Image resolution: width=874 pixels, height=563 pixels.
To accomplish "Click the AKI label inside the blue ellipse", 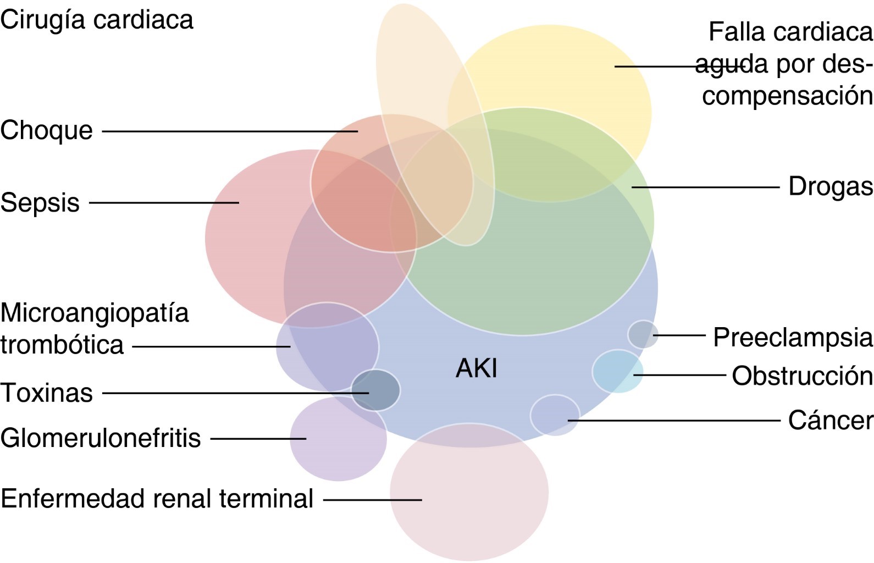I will click(x=477, y=368).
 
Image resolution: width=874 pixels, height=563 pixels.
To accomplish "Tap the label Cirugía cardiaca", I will click(x=97, y=20).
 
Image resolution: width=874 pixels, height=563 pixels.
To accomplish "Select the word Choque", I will click(x=47, y=131).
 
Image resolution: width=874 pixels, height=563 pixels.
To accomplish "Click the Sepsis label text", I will click(x=40, y=202).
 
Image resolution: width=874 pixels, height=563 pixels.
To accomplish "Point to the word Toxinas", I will click(x=47, y=393).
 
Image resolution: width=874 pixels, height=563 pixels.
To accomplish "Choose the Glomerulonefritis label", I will click(x=101, y=438).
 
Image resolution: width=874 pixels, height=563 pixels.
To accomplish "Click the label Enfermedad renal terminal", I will click(x=157, y=499).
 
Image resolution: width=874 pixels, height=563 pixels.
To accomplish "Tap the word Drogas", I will click(x=830, y=186).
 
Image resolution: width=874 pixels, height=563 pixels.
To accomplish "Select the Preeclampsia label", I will click(x=792, y=337).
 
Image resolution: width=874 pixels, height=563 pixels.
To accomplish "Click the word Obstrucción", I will click(x=802, y=376).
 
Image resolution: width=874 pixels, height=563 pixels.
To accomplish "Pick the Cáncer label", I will click(x=830, y=421).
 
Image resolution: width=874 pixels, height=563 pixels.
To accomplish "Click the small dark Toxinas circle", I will click(x=376, y=390).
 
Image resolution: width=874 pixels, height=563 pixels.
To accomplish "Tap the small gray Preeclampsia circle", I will click(x=643, y=334).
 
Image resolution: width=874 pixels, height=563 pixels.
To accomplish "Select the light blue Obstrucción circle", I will click(x=617, y=371).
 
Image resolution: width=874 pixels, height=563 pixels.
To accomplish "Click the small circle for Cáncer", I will click(x=555, y=415).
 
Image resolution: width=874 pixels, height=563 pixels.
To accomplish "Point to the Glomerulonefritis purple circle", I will click(x=335, y=445).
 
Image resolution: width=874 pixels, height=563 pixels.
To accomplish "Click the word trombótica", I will click(x=62, y=345).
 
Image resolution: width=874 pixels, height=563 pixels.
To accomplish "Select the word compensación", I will click(x=787, y=96).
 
